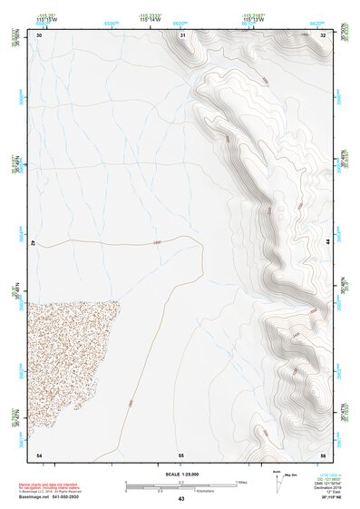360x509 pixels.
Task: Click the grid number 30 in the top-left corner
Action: point(39,34)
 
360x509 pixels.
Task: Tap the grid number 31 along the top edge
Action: point(182,34)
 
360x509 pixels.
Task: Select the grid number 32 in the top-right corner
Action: point(323,34)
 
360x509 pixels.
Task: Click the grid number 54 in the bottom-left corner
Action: point(39,454)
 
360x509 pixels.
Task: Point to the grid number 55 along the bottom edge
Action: point(181,454)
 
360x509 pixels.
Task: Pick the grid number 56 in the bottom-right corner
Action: point(323,454)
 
